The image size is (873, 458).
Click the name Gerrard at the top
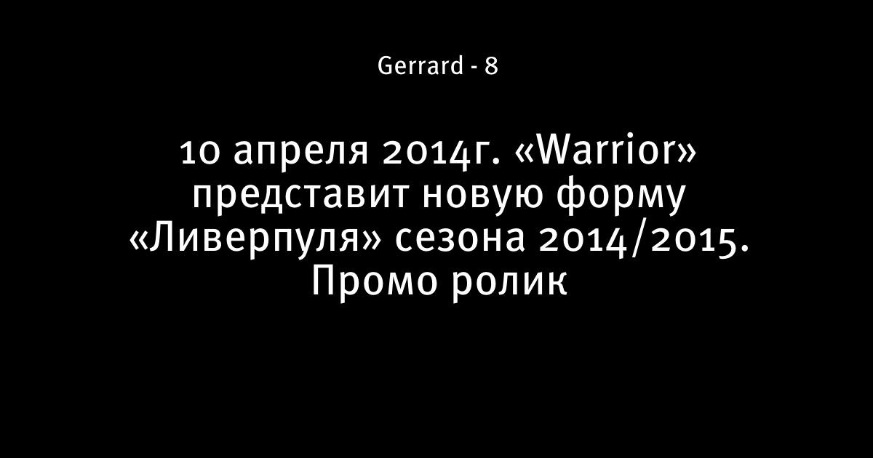click(420, 65)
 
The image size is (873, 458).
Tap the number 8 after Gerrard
click(491, 66)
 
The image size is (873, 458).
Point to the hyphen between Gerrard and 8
click(474, 68)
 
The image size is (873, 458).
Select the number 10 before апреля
click(200, 153)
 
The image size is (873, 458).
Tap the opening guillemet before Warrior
click(525, 153)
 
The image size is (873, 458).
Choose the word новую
click(482, 197)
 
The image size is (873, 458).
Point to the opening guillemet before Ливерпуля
click(139, 241)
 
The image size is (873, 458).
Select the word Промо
click(374, 282)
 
